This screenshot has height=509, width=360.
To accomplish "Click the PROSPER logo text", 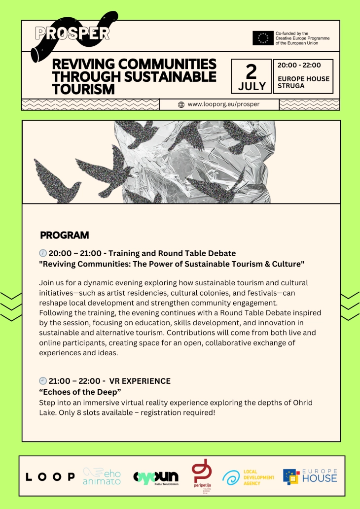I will [x=72, y=33].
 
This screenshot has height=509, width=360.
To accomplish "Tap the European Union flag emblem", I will [x=263, y=38].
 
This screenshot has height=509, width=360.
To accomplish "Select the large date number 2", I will [x=251, y=71].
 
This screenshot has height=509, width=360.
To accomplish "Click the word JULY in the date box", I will [x=252, y=86].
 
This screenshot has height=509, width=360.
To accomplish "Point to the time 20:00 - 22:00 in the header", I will [x=299, y=65].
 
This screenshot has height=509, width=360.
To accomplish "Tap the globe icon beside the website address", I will [x=181, y=104].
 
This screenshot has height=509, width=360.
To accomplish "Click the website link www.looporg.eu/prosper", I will [x=223, y=104].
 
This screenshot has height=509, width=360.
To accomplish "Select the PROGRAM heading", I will [x=64, y=235].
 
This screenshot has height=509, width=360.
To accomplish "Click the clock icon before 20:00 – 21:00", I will [x=43, y=253].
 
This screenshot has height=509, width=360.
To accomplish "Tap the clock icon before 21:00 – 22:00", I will [x=43, y=381].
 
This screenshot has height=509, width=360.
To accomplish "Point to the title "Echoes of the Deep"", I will [x=80, y=392].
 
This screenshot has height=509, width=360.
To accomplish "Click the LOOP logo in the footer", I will [x=50, y=476].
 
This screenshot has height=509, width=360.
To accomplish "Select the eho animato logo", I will [x=102, y=476].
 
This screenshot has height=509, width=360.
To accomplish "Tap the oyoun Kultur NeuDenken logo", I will [x=156, y=477].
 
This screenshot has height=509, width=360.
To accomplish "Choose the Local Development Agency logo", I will [x=248, y=477].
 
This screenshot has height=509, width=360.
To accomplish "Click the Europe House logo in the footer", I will [x=310, y=476].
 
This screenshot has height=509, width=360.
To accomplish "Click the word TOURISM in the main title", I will [x=83, y=89].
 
